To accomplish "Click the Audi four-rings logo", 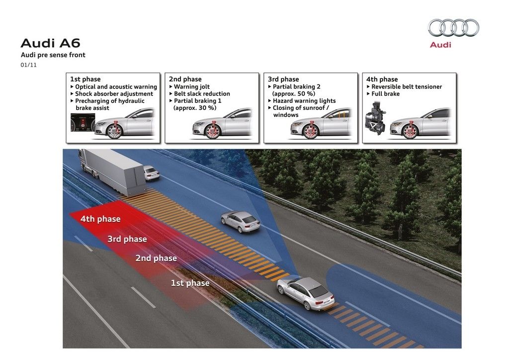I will (453, 27).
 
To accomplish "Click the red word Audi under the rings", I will (440, 45).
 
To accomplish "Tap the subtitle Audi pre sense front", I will (53, 55).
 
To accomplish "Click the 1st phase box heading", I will (85, 79).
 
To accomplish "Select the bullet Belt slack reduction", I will (202, 93).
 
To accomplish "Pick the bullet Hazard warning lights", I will (304, 100).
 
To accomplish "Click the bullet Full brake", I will (385, 93).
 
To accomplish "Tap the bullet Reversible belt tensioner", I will (407, 87).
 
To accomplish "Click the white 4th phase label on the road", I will (100, 219).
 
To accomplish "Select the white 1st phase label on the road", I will (190, 283).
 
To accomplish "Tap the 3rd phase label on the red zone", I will (127, 239).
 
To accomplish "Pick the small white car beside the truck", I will (152, 173).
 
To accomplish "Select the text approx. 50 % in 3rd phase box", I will (294, 93).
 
